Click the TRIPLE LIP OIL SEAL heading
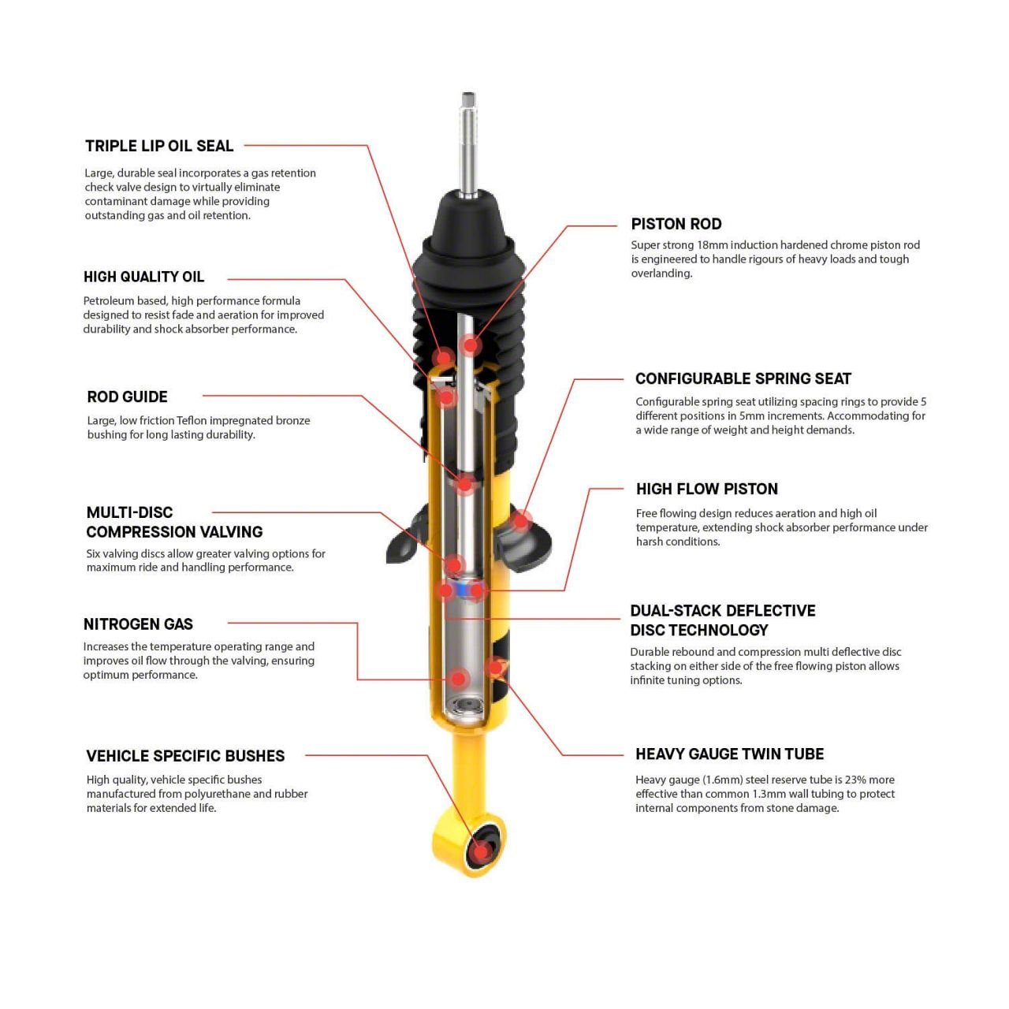point(159,146)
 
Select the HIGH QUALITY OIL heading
point(143,277)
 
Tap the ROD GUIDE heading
point(127,397)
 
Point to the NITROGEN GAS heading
point(138,624)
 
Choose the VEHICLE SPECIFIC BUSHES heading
point(185,756)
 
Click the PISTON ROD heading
point(676,224)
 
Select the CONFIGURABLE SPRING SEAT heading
point(743,378)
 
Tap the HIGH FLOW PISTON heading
point(706,489)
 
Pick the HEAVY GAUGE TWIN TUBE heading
point(729,754)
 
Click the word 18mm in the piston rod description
point(712,245)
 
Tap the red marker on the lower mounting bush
point(479,851)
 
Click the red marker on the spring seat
point(520,520)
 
